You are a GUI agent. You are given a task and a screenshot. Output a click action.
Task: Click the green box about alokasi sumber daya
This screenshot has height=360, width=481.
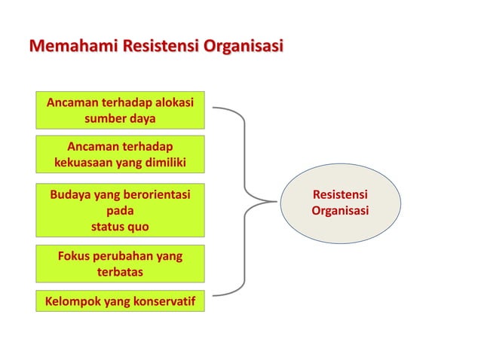(x=120, y=110)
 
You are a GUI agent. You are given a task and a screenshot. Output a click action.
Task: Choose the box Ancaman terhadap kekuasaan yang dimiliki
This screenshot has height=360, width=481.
(x=120, y=154)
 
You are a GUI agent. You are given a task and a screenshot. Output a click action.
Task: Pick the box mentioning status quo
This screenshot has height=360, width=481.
(x=120, y=210)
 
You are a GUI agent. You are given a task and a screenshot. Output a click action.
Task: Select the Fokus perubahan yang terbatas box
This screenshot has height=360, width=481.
(x=120, y=264)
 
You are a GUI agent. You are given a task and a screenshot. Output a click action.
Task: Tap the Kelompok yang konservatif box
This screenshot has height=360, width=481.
(x=120, y=302)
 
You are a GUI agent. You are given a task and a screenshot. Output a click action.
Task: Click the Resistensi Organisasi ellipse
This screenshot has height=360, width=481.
(x=340, y=203)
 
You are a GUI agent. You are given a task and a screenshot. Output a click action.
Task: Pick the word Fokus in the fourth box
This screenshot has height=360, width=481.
(x=74, y=256)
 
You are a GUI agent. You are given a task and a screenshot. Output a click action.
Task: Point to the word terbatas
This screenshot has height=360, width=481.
(x=120, y=272)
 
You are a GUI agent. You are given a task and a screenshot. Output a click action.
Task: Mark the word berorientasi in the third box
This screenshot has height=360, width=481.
(x=154, y=195)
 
